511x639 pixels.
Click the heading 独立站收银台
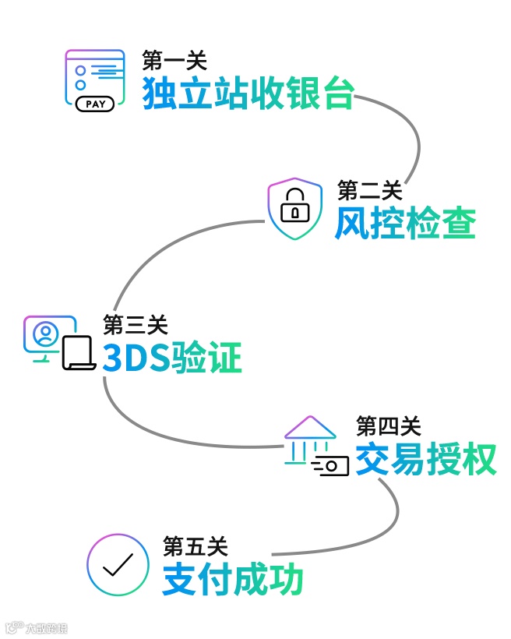(248, 94)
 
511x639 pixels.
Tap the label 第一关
(174, 60)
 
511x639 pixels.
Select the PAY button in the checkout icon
(95, 103)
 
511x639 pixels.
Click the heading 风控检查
(405, 224)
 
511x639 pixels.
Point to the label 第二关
(370, 189)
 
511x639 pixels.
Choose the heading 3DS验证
(172, 358)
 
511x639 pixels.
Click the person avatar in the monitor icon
(46, 334)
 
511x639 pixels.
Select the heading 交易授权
(426, 459)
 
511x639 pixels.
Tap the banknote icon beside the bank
(331, 466)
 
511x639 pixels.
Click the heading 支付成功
(233, 580)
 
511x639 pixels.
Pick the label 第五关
(196, 546)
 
